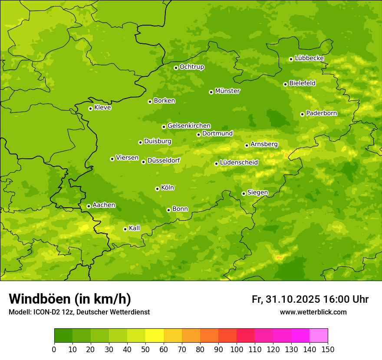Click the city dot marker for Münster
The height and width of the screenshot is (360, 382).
(x=211, y=92)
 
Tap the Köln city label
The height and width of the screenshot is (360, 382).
(x=168, y=188)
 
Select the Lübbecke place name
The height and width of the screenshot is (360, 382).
(x=309, y=58)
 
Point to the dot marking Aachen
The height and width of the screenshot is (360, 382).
(x=89, y=206)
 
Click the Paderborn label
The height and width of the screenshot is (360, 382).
(x=321, y=113)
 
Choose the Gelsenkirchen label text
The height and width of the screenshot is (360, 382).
(x=189, y=126)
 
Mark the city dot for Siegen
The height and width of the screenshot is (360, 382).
(x=244, y=193)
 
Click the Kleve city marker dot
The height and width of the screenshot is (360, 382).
(x=90, y=108)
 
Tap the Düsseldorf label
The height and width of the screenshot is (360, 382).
(x=164, y=160)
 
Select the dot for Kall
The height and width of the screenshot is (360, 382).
(x=125, y=229)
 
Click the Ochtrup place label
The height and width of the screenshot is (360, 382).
(x=191, y=67)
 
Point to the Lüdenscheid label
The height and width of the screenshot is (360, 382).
(x=239, y=163)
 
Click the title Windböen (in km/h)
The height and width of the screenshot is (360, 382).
(x=70, y=299)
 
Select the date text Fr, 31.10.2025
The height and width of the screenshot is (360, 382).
(x=286, y=299)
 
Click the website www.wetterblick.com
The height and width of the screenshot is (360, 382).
(x=313, y=312)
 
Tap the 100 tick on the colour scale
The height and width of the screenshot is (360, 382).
(x=237, y=349)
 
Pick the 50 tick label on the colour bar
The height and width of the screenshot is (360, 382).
(x=145, y=349)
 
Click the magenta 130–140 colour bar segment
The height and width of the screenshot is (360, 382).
(x=300, y=336)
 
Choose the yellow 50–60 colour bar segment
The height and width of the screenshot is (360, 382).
(x=155, y=336)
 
